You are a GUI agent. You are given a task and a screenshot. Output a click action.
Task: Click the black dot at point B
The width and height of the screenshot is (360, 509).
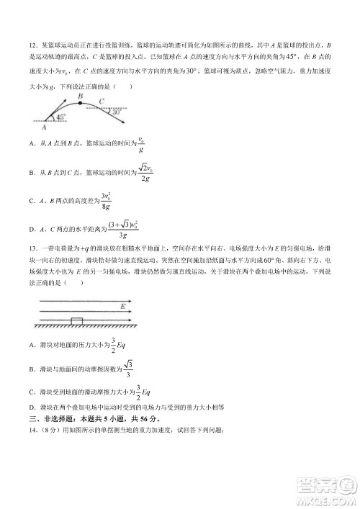pos(81,104)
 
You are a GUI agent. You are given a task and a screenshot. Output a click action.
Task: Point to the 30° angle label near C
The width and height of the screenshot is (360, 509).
pos(114,112)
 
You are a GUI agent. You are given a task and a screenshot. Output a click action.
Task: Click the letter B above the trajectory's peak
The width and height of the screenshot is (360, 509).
pos(81,96)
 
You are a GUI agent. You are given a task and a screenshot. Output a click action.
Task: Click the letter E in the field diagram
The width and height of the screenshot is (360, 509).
pos(123,306)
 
